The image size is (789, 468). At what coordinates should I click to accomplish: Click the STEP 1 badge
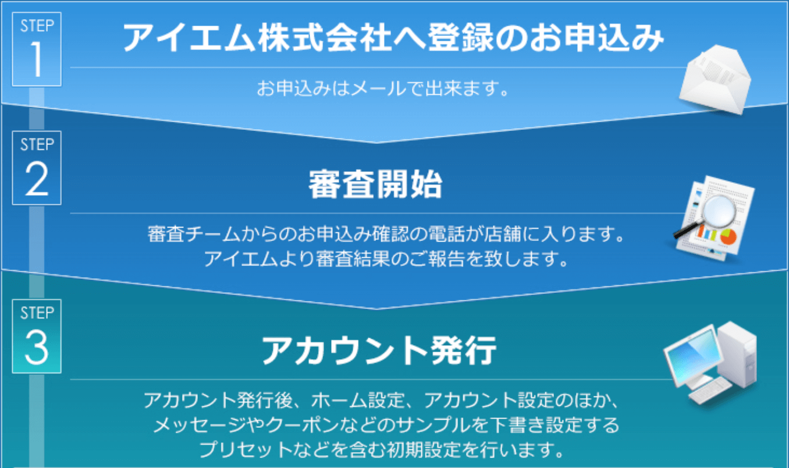pos(37,49)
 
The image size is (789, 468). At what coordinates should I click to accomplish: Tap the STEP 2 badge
pos(37,168)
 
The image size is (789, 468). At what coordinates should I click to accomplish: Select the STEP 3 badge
pos(37,336)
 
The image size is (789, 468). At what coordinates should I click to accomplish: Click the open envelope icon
pos(715,80)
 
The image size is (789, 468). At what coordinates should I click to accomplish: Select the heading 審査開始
pos(375,185)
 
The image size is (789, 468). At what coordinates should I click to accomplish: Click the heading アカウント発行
pos(379,350)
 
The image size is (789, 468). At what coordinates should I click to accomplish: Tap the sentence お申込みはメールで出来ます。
pos(382,88)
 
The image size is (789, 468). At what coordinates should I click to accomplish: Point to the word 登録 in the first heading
pos(460,37)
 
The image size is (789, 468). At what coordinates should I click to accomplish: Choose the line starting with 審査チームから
pos(386,234)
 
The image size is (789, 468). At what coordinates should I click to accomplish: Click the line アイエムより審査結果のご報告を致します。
pos(386,259)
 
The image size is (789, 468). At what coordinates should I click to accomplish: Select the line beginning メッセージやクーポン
pos(386,425)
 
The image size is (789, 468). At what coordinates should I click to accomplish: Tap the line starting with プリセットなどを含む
pos(382,450)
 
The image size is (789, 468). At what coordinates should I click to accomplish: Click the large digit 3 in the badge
pos(37,349)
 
